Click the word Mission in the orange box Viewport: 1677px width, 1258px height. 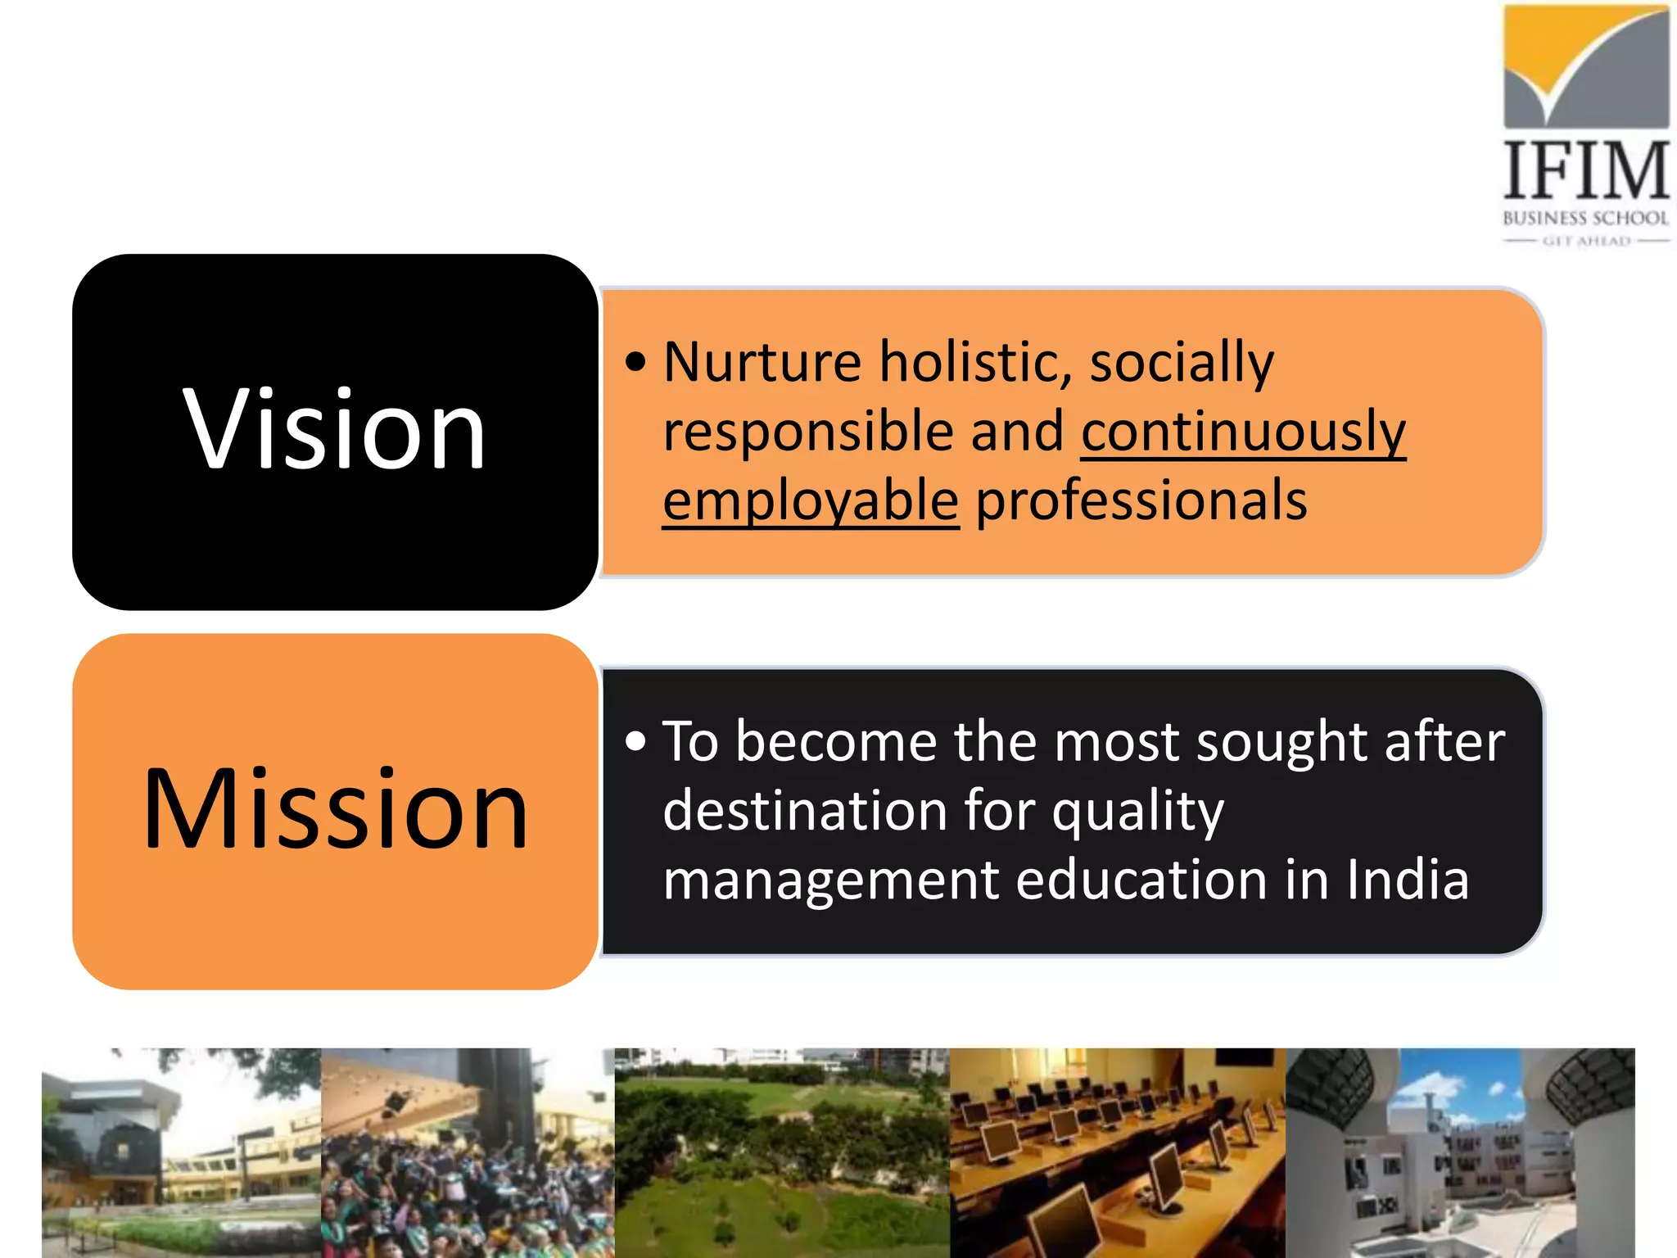[336, 811]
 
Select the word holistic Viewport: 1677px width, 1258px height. [975, 362]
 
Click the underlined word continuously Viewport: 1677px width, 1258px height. [1243, 432]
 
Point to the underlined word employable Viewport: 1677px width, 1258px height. [811, 501]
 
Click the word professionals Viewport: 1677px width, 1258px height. [1141, 501]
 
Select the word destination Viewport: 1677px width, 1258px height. [802, 811]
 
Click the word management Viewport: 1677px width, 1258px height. [830, 880]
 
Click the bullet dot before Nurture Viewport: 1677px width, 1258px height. [635, 362]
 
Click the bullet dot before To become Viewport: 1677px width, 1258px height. [635, 742]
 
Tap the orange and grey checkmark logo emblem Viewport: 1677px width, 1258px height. [1586, 66]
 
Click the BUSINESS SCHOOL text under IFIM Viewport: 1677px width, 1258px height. [1585, 218]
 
